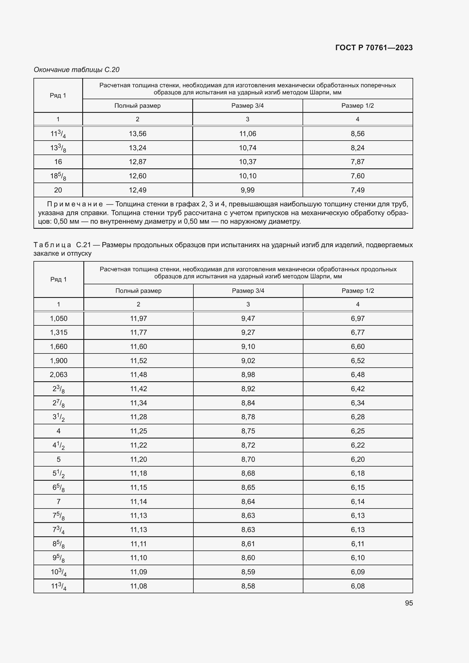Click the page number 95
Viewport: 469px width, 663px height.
(x=409, y=603)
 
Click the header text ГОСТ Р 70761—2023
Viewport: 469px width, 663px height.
(x=374, y=48)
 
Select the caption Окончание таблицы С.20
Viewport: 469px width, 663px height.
(x=77, y=70)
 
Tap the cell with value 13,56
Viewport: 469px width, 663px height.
(x=138, y=134)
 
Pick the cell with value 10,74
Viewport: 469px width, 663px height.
(x=248, y=148)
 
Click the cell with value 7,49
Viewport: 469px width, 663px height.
(x=358, y=190)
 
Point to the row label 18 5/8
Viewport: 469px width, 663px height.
(x=58, y=176)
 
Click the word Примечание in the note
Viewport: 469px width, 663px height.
(x=75, y=204)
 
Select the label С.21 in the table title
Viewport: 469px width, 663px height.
(x=83, y=245)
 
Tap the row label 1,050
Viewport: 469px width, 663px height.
(x=59, y=319)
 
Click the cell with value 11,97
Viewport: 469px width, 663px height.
(x=138, y=319)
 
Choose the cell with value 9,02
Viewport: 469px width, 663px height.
(x=248, y=361)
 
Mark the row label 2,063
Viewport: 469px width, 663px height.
(x=59, y=374)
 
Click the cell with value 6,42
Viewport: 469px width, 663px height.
(x=358, y=389)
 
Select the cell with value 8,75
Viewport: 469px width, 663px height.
(x=248, y=431)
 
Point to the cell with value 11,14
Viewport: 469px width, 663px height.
(x=138, y=502)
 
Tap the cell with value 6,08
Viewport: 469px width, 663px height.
(x=358, y=586)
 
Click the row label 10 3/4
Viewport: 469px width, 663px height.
(x=59, y=572)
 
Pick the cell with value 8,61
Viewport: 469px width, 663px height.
(x=248, y=544)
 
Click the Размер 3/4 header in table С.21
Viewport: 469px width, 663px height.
(x=248, y=291)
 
